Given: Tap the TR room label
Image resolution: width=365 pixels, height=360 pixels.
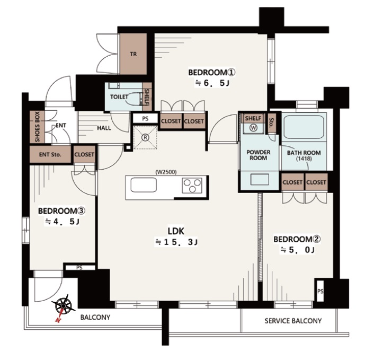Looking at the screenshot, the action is [x=133, y=54].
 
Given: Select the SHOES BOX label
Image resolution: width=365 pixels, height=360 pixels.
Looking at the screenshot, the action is [x=37, y=127].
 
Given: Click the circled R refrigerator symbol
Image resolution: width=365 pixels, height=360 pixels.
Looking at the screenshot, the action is [x=145, y=137].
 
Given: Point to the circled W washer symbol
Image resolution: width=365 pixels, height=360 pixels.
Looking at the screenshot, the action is [x=253, y=127].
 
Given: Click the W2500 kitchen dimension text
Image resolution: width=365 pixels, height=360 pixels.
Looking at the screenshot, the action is [x=166, y=172].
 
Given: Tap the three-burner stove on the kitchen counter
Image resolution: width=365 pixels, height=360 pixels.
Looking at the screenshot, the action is [x=192, y=185].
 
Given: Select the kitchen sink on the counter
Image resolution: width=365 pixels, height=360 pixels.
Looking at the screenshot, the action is [x=144, y=185].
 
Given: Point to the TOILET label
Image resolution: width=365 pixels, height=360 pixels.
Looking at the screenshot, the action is [x=119, y=96].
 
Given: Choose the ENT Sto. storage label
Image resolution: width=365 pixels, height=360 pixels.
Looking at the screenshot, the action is [x=50, y=154].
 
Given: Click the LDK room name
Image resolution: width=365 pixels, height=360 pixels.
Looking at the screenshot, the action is [x=176, y=231].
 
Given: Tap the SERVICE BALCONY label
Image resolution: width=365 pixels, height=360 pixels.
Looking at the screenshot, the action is [x=293, y=321].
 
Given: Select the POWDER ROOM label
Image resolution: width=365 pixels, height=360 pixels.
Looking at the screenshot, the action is [x=259, y=155].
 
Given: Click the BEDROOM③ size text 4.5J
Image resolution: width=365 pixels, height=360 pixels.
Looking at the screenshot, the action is [x=63, y=222].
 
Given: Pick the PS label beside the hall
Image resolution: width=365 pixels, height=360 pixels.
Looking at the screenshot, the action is [x=145, y=119].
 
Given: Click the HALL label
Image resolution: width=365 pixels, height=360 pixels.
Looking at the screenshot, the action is [x=104, y=128].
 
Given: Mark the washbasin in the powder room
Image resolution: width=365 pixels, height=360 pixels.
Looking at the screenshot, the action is [x=260, y=180].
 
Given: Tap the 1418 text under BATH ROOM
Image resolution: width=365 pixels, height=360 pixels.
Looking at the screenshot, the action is [x=304, y=159].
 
